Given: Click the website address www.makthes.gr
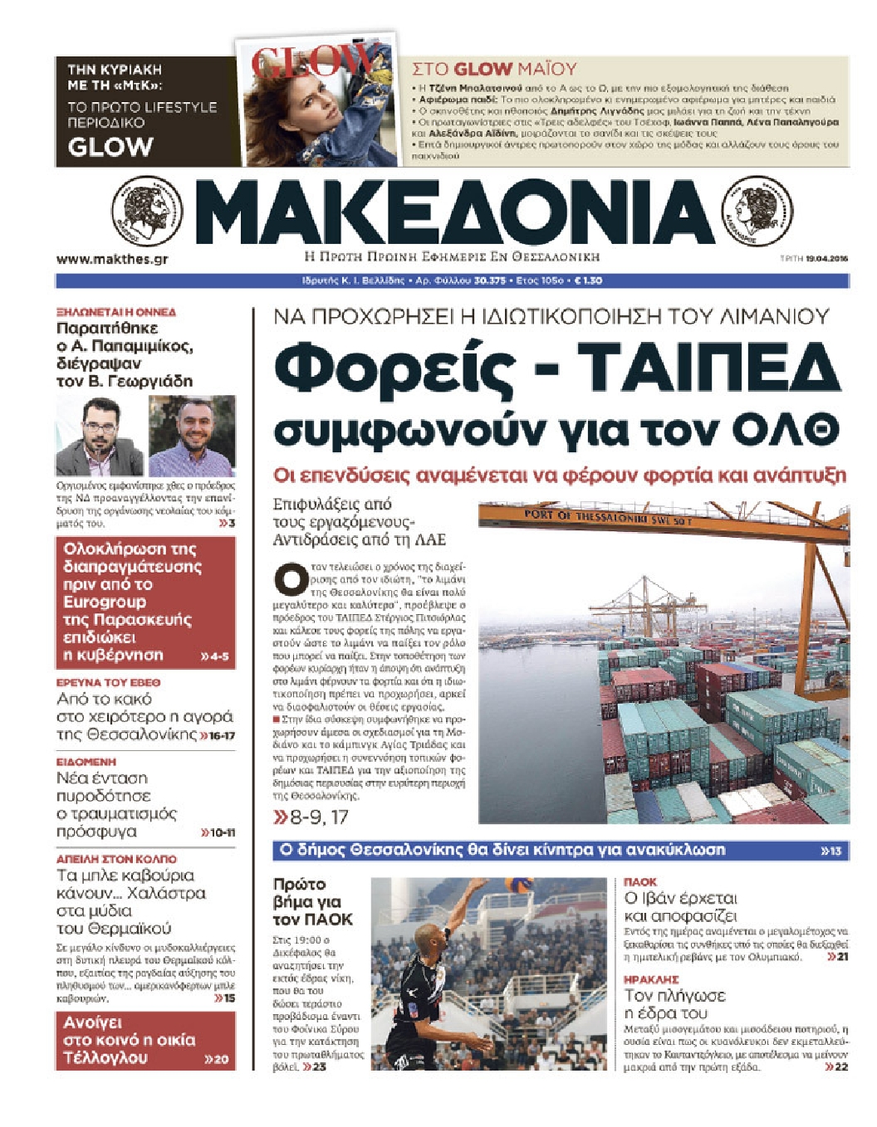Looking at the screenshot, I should tap(112, 259).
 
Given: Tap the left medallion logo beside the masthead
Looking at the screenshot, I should tap(146, 212).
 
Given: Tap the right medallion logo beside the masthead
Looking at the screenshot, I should tap(757, 212).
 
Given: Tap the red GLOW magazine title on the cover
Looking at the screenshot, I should tap(312, 61).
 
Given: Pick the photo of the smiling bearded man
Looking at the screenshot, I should tap(193, 436).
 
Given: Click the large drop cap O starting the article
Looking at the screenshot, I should tap(291, 578).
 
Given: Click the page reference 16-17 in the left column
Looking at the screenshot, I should tap(221, 735).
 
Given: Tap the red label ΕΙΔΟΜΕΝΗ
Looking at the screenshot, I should tap(86, 761).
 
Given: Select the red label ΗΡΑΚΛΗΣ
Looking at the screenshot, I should tap(651, 979).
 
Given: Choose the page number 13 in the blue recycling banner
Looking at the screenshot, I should tap(834, 851).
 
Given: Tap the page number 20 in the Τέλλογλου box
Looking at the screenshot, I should tap(220, 1059).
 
